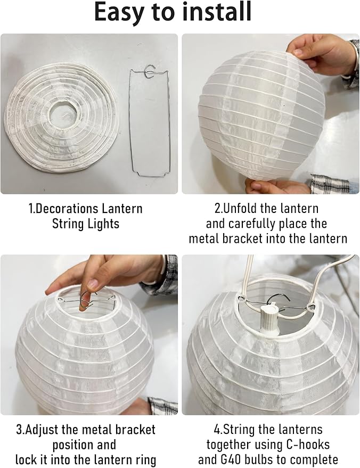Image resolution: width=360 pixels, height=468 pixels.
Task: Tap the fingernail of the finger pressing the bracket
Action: click(x=93, y=284)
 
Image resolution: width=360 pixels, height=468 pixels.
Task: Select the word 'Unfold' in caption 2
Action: click(x=241, y=208)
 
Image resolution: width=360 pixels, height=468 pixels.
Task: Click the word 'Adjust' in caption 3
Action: click(x=43, y=430)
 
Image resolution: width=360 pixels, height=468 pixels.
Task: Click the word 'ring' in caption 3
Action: click(x=146, y=460)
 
